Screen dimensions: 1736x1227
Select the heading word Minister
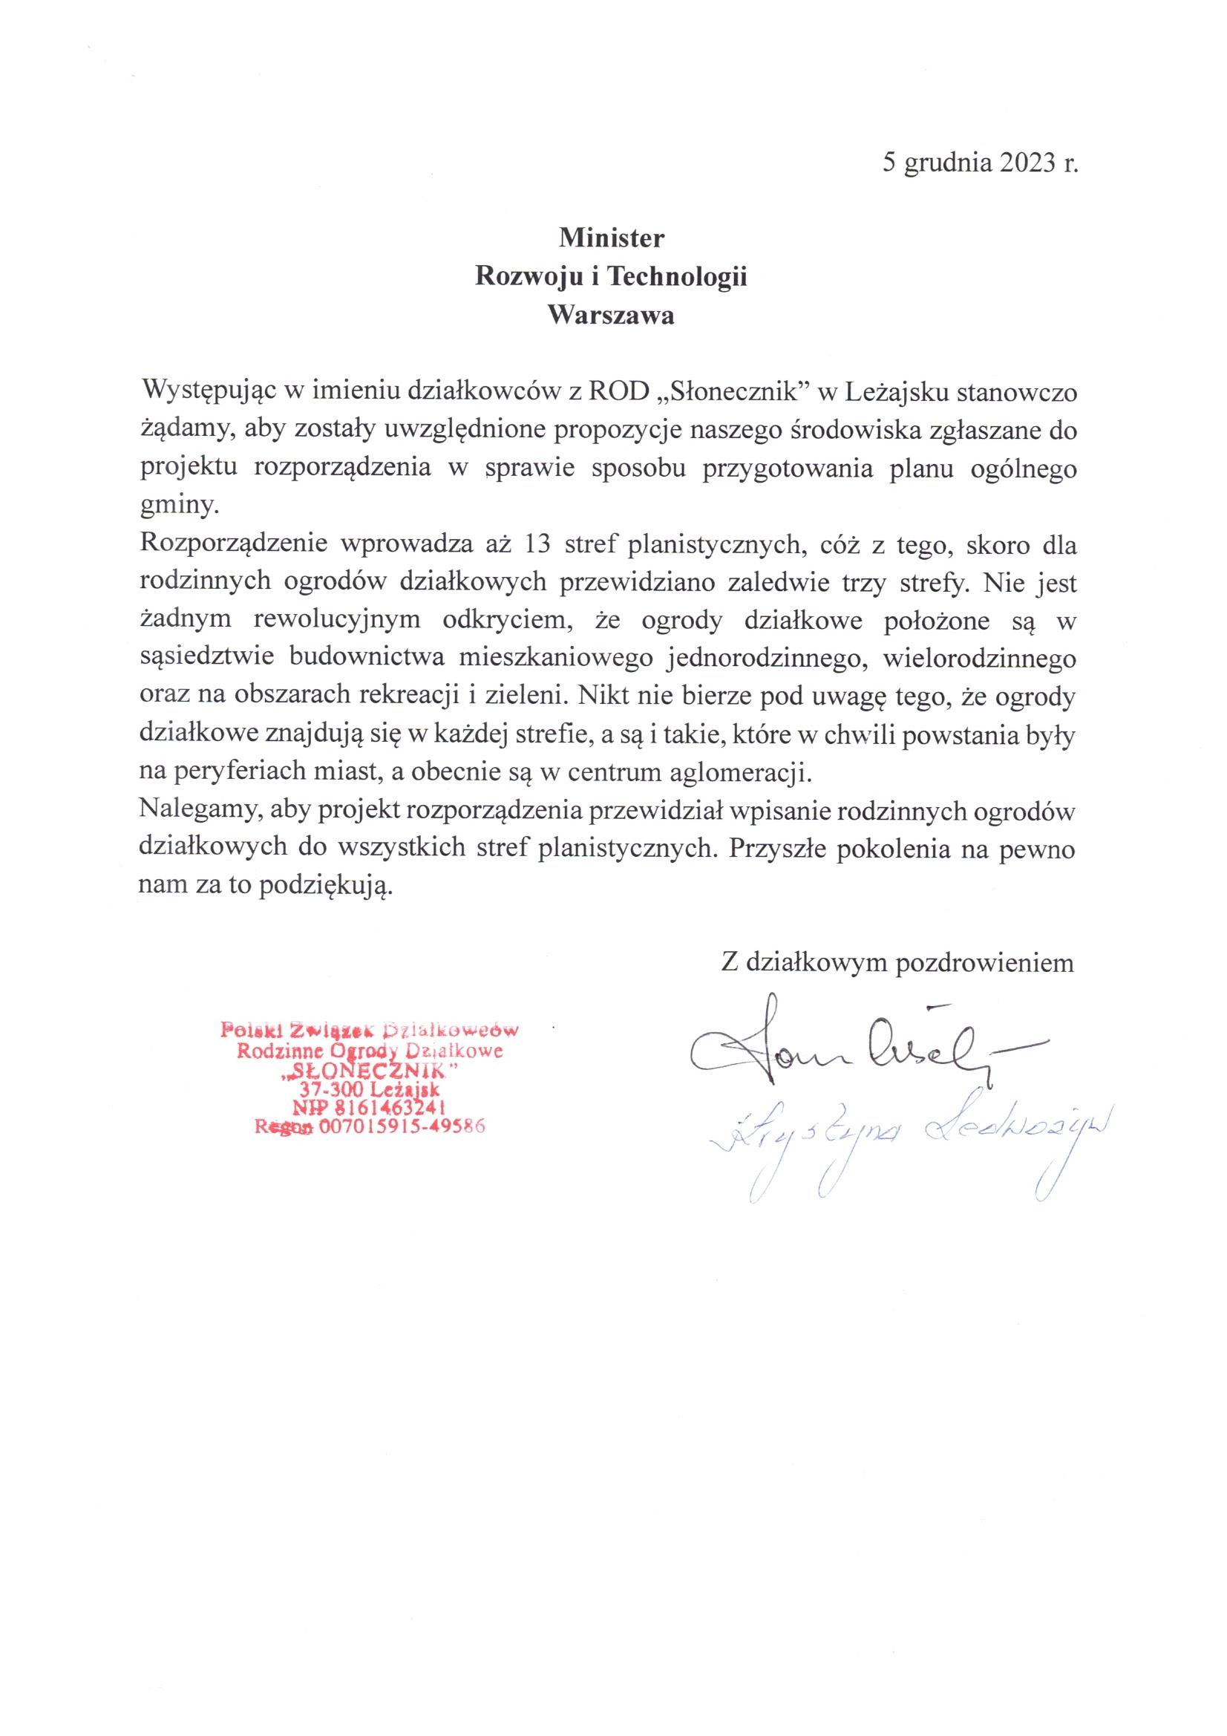(x=611, y=238)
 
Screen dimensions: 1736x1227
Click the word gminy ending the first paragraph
(x=178, y=506)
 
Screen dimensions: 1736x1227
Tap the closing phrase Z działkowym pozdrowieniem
(x=897, y=962)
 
